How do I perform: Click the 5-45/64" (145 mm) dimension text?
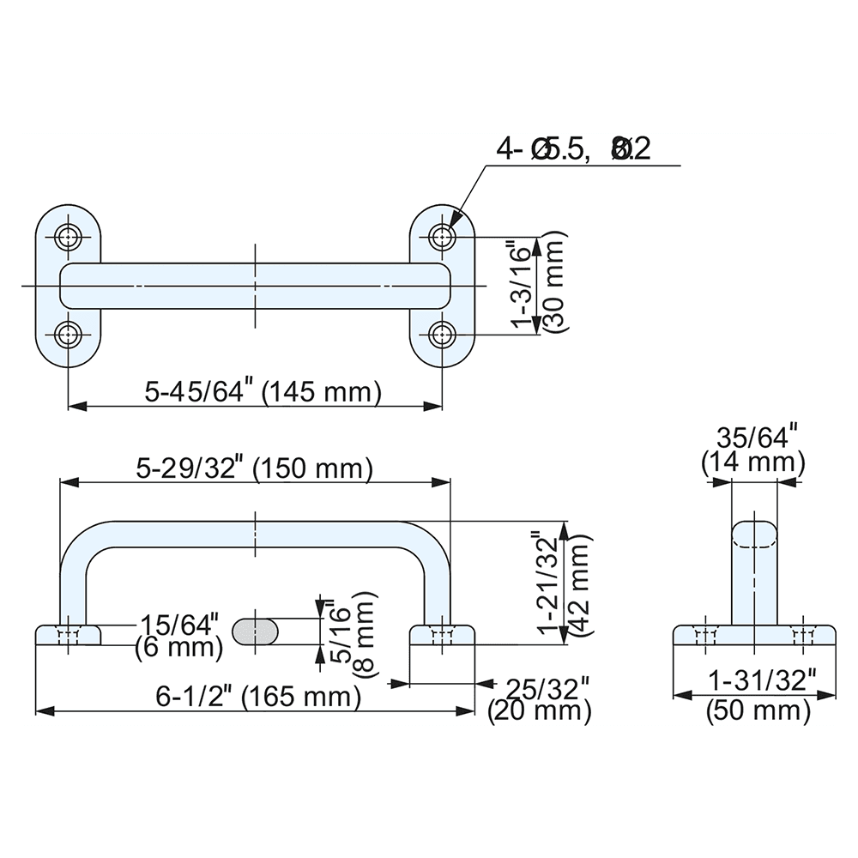click(x=262, y=393)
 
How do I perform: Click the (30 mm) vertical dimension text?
click(x=556, y=285)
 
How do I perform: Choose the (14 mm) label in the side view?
click(x=753, y=464)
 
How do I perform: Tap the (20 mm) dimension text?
click(x=538, y=710)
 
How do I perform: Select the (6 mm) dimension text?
click(x=178, y=650)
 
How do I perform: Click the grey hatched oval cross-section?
click(x=256, y=631)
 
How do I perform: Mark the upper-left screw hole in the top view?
click(x=69, y=237)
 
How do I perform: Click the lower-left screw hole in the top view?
click(x=69, y=333)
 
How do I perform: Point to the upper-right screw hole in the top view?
click(x=443, y=237)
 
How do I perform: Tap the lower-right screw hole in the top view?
click(x=443, y=333)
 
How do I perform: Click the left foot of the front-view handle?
click(x=69, y=635)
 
